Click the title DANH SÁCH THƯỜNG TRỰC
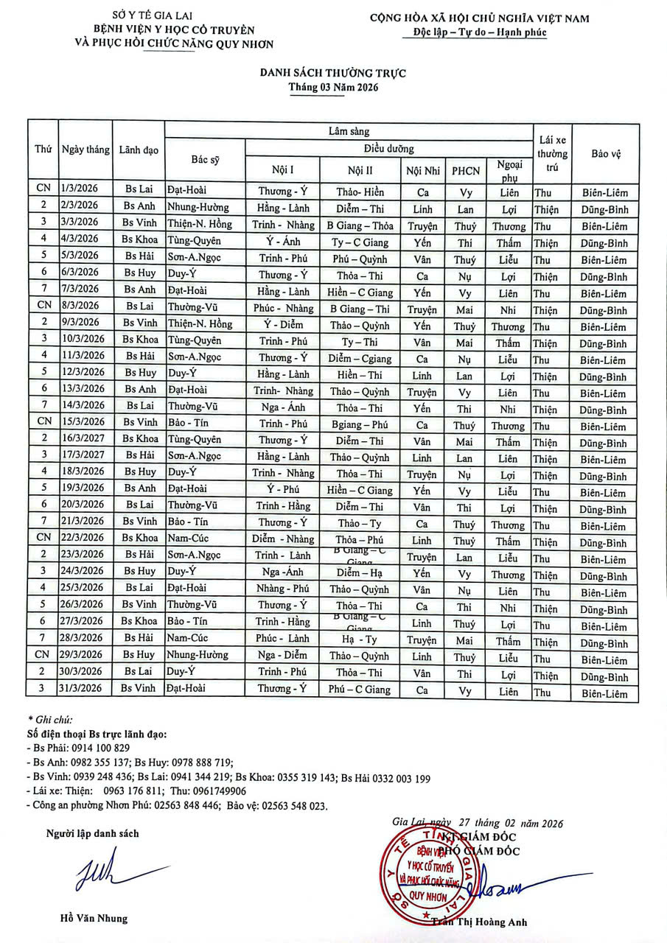(x=332, y=73)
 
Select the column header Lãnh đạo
(x=139, y=150)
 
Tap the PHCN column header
(x=466, y=171)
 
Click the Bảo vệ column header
(x=605, y=153)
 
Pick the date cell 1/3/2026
(x=85, y=190)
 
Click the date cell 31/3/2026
(x=85, y=690)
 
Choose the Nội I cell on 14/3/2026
(x=283, y=407)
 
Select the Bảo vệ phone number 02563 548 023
(x=293, y=806)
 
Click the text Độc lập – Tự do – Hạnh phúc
(x=480, y=33)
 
